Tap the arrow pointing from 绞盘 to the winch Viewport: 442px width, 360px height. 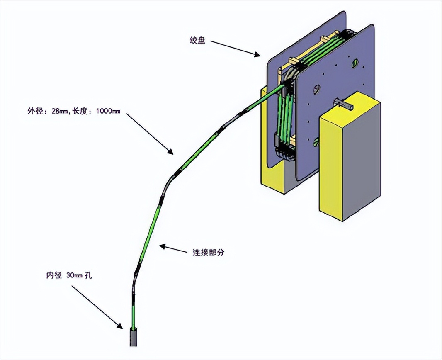coord(234,48)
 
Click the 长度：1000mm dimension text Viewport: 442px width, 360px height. coord(96,111)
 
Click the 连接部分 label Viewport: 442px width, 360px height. coord(207,252)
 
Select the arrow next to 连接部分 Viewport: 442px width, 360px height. coord(174,248)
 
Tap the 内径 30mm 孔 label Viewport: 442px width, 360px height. coord(69,275)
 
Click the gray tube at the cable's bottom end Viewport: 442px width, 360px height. coord(133,337)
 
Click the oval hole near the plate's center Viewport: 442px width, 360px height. coord(317,88)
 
